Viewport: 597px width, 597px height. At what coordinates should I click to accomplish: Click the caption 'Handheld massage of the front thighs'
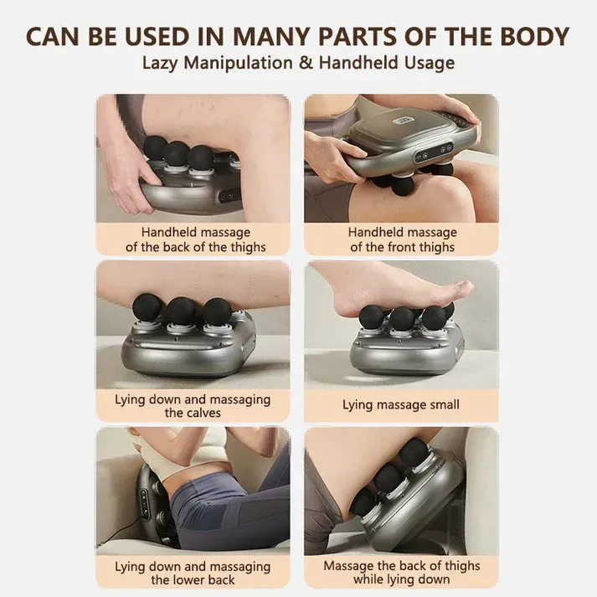tap(402, 239)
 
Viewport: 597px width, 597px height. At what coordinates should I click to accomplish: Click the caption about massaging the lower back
tap(193, 573)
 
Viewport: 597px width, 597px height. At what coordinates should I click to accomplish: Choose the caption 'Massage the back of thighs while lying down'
tap(402, 573)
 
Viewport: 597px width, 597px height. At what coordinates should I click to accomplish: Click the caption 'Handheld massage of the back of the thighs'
tap(195, 239)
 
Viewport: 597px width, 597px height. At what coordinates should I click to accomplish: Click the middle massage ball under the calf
tap(179, 311)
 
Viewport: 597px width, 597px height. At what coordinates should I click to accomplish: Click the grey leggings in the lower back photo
tap(226, 511)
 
